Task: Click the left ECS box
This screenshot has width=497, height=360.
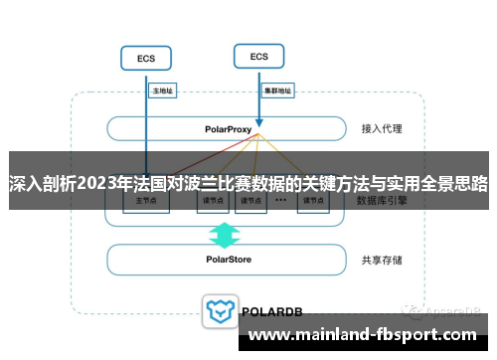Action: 145,59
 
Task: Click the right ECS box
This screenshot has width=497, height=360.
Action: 258,57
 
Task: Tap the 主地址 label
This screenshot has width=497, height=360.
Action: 162,90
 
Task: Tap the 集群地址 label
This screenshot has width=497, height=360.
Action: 277,90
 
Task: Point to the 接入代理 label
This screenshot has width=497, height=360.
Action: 383,129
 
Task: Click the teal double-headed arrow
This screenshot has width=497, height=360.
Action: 225,235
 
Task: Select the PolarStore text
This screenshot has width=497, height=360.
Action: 228,260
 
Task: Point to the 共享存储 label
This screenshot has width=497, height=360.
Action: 383,260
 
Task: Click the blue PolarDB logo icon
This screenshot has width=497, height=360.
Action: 218,310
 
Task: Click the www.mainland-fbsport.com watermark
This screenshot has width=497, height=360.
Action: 370,334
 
